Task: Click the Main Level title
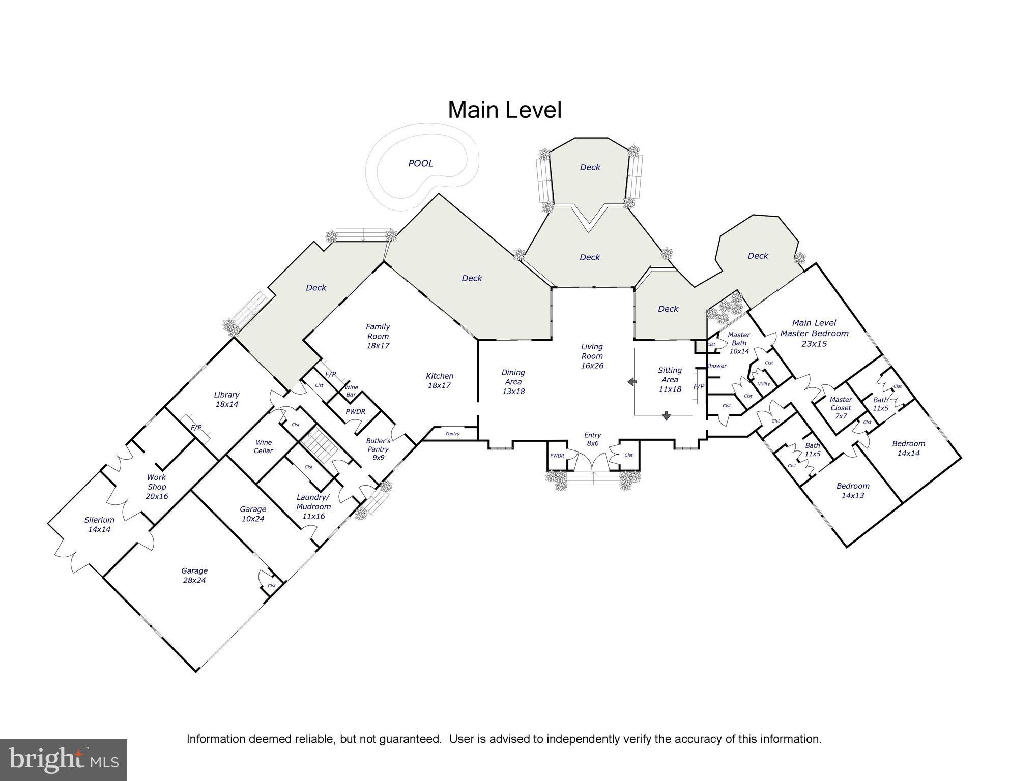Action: pos(504,110)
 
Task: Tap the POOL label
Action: pos(420,163)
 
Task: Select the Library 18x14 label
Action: pos(226,399)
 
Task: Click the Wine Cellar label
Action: pos(263,446)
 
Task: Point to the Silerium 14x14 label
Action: pos(99,524)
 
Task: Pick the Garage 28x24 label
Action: pos(194,575)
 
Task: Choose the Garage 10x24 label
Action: pos(253,514)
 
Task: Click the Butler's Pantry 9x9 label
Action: pos(378,449)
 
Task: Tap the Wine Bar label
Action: pos(351,390)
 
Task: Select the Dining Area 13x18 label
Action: pos(513,381)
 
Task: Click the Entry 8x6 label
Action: pos(592,439)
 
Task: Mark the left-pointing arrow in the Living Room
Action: pos(632,382)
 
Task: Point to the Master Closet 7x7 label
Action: pos(841,408)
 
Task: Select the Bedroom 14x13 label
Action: pos(853,491)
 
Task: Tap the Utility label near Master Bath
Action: pos(763,384)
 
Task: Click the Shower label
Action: pos(716,366)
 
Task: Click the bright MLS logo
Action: pos(64,760)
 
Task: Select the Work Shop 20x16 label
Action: pos(156,487)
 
